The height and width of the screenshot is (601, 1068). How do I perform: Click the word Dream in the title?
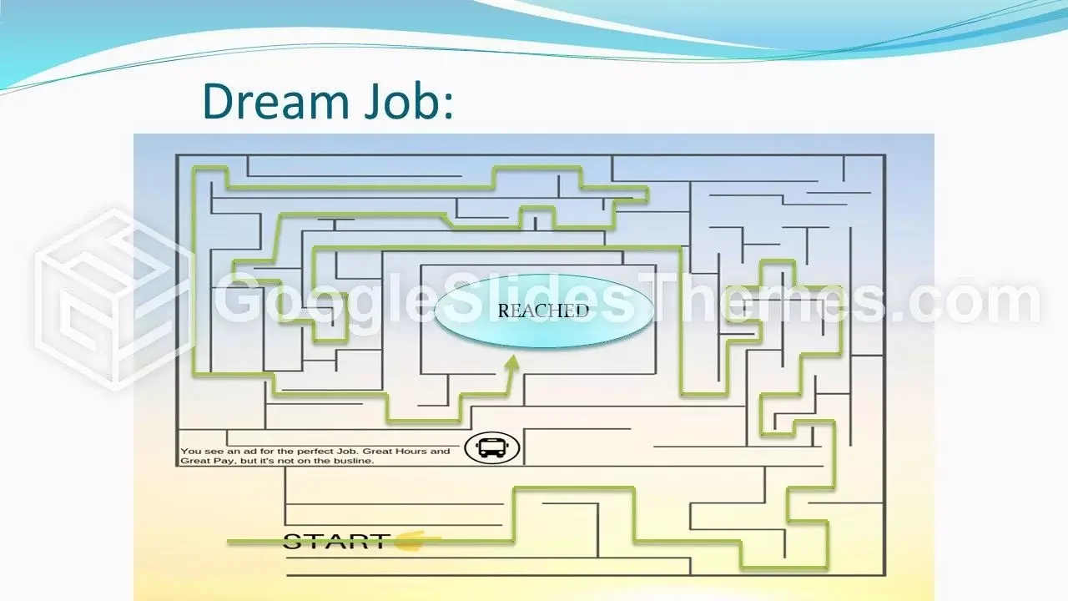click(276, 101)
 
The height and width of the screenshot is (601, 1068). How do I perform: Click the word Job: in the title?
click(409, 101)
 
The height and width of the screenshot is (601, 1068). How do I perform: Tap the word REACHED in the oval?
click(543, 311)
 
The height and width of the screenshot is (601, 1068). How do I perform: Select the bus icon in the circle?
click(492, 447)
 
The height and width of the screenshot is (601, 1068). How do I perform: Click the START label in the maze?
click(335, 542)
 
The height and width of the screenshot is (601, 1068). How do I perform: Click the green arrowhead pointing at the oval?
click(512, 363)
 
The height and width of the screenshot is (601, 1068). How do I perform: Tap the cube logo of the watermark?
click(114, 300)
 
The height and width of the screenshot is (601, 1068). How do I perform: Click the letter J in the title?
click(372, 101)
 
